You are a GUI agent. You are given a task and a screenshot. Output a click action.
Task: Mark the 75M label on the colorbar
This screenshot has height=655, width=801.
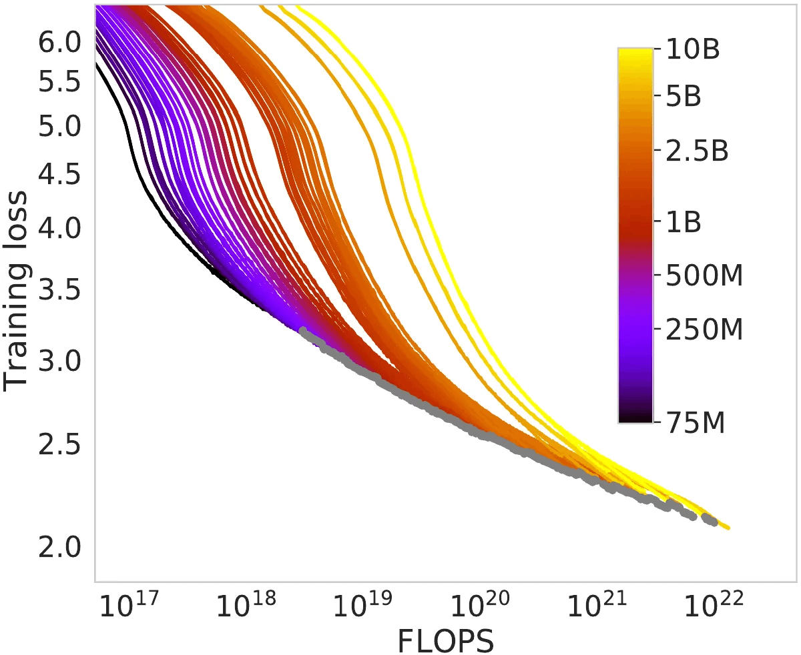pyautogui.click(x=695, y=422)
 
